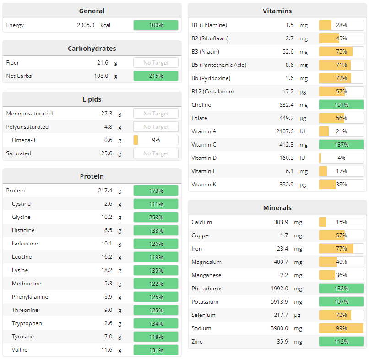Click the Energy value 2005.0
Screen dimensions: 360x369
coord(86,25)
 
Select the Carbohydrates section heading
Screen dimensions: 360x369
coord(92,49)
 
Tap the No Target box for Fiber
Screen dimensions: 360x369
coord(156,63)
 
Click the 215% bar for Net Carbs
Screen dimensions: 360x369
coord(156,76)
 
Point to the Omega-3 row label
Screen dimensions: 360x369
coord(23,140)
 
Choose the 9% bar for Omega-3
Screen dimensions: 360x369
coord(156,140)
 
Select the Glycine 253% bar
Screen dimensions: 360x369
coord(156,217)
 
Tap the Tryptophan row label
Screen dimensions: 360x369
coord(27,323)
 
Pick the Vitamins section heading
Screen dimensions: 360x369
coord(277,11)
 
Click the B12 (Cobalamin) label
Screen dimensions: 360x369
coord(212,92)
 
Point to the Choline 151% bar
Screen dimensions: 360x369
coord(341,105)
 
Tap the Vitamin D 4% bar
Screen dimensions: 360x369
coord(341,158)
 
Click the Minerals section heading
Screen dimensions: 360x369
coord(277,208)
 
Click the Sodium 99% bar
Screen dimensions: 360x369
coord(341,328)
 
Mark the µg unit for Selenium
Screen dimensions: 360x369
coord(298,315)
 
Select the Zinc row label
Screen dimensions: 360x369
coord(197,342)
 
